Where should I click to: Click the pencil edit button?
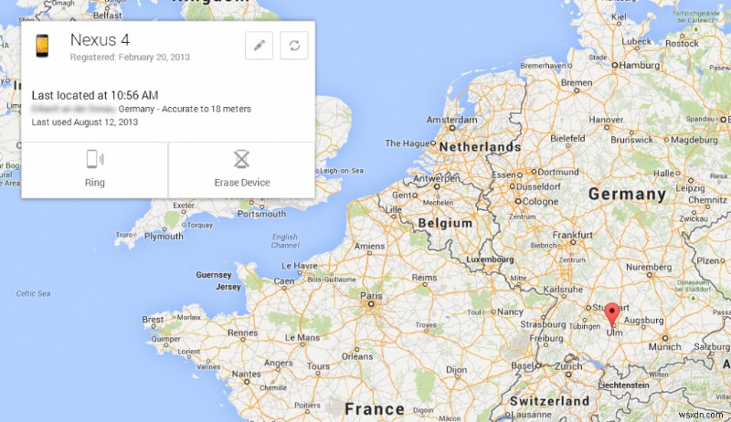click(260, 46)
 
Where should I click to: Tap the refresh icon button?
click(293, 46)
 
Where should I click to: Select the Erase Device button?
click(241, 169)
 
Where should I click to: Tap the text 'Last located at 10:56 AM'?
click(95, 95)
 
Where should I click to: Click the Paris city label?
click(371, 296)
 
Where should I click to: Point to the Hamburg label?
click(639, 66)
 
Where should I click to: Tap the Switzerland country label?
click(549, 401)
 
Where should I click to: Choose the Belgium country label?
click(444, 223)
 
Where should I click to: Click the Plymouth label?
click(164, 236)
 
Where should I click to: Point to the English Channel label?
click(285, 241)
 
